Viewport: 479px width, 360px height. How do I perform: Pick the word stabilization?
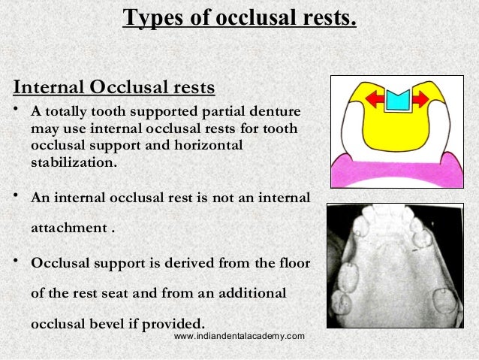coord(73,162)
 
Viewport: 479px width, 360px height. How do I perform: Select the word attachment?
coord(68,227)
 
